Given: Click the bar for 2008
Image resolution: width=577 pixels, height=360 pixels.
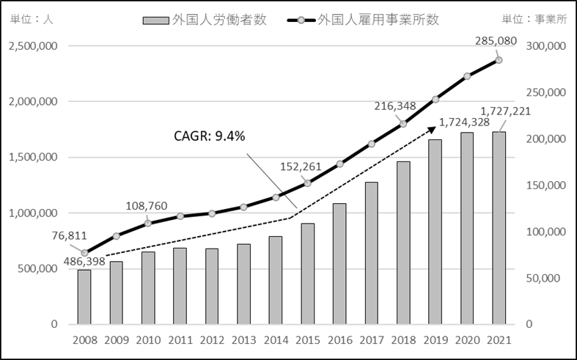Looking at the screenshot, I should coord(84,297).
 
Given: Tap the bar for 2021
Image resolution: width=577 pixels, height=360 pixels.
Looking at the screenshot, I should coord(499,228).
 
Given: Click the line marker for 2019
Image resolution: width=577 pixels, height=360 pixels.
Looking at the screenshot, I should coord(435,99).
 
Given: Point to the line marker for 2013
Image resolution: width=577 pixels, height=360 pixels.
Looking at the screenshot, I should coord(243,207).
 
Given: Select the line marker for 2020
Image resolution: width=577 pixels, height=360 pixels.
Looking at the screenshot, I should coord(467,76).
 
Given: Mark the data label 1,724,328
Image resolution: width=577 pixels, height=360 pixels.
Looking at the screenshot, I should coord(467,123).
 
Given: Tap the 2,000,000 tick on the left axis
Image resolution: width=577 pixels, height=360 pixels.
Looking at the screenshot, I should coord(35,102).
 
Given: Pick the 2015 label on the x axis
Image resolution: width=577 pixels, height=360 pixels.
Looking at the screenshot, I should coord(307,341).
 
